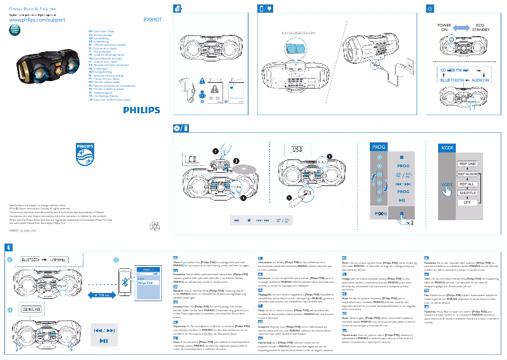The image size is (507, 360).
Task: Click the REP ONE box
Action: click(467, 163)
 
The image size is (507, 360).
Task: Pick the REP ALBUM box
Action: click(467, 173)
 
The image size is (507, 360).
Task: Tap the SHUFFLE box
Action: click(467, 194)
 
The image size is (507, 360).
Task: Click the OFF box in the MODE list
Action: click(467, 203)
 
